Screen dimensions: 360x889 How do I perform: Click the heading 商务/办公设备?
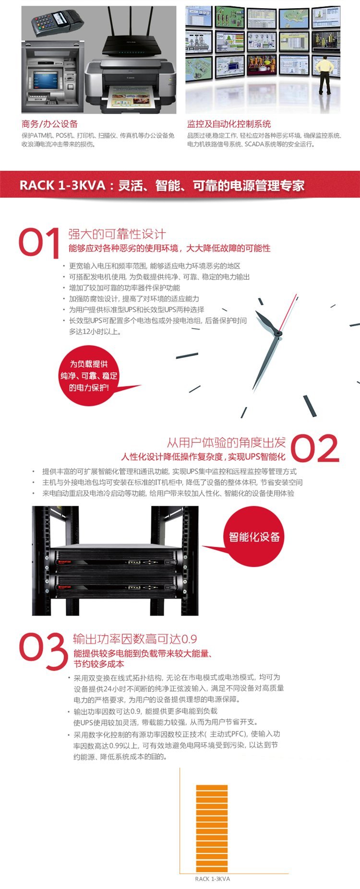click(49, 124)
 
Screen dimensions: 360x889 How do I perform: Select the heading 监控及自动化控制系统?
click(229, 124)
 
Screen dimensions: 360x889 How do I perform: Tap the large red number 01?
click(39, 242)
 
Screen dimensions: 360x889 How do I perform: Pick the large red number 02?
click(315, 448)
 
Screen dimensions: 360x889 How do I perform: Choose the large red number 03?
click(43, 651)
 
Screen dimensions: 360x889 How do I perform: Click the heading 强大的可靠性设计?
click(117, 234)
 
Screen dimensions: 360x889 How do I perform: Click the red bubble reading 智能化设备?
click(254, 536)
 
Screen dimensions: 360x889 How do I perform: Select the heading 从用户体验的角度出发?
click(226, 442)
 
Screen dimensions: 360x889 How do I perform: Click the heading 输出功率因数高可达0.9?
click(135, 639)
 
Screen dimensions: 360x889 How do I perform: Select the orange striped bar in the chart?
click(212, 829)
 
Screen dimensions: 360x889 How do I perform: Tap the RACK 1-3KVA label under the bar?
click(213, 879)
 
